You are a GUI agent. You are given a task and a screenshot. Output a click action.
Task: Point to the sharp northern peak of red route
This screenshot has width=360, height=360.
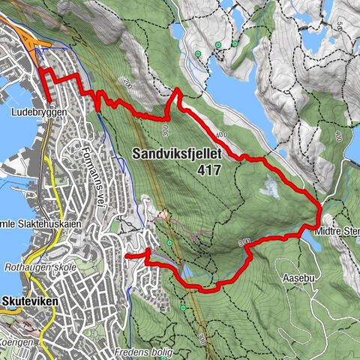pos(176,90)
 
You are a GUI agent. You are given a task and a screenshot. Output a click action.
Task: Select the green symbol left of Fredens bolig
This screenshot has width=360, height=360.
pos(184,307)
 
